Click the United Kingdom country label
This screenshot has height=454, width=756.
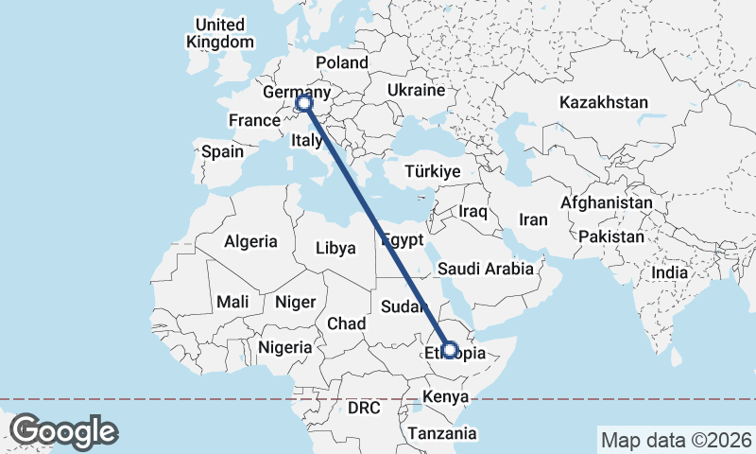point(220,33)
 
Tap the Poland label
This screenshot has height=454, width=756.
point(341,62)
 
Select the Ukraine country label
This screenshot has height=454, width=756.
point(415,91)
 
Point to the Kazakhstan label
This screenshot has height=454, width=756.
point(603,102)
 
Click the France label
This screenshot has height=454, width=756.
point(254,121)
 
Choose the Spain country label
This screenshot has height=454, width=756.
point(222,151)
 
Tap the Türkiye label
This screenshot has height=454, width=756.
point(432,172)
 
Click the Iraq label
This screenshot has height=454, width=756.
point(472,212)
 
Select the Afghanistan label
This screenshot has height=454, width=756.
point(606,202)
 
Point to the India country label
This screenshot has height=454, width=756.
point(670,272)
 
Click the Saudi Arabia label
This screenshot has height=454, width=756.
point(486,269)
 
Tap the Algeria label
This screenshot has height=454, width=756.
point(250,241)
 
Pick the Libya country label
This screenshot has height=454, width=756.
point(335,249)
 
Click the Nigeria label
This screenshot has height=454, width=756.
point(284,347)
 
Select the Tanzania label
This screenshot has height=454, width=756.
point(442,434)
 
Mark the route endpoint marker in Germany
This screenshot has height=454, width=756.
point(303,103)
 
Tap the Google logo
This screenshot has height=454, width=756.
point(64,431)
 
